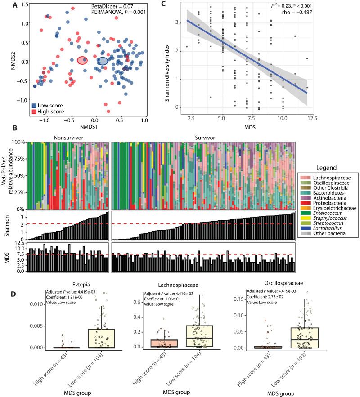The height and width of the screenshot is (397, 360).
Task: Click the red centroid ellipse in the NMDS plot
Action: click(82, 60)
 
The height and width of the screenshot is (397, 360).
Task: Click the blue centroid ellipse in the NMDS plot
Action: click(103, 61)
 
